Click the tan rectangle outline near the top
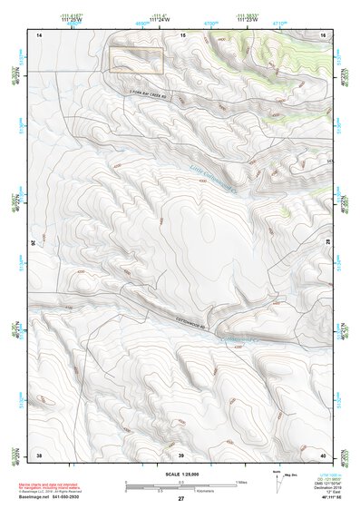pyautogui.click(x=136, y=61)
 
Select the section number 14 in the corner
pyautogui.click(x=39, y=34)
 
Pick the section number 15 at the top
pyautogui.click(x=182, y=34)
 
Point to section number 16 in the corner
pyautogui.click(x=323, y=34)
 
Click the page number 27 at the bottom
pyautogui.click(x=180, y=499)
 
